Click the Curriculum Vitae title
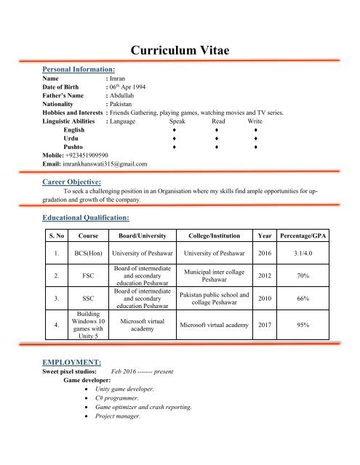click(180, 49)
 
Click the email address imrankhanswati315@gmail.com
click(95, 164)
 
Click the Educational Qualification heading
click(87, 217)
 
